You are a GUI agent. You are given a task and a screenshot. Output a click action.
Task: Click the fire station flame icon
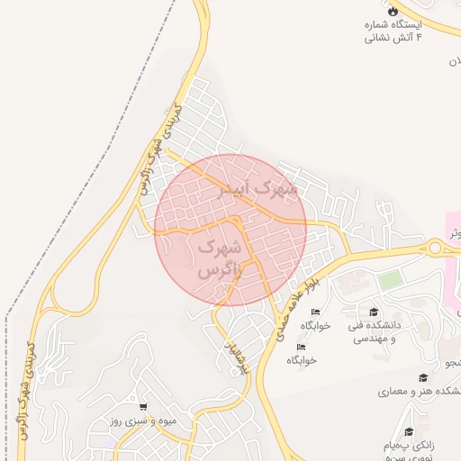point(393,12)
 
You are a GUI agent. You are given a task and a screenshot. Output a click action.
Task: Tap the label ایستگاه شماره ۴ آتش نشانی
point(393,32)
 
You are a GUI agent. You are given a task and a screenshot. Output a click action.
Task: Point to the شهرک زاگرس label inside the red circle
point(219,257)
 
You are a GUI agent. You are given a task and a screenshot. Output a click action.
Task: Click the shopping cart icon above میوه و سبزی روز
point(144,407)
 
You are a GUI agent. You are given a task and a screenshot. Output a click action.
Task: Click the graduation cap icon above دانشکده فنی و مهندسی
point(375,312)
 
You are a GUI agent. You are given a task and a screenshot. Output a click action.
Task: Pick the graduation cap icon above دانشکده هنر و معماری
point(422,378)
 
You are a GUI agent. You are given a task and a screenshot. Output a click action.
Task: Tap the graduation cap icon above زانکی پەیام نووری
point(410,432)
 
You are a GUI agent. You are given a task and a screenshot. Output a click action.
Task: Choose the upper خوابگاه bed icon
point(315,312)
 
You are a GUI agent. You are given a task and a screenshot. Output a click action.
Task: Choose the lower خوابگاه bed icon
point(302,347)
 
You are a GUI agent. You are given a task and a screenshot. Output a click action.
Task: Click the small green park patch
point(390,280)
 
